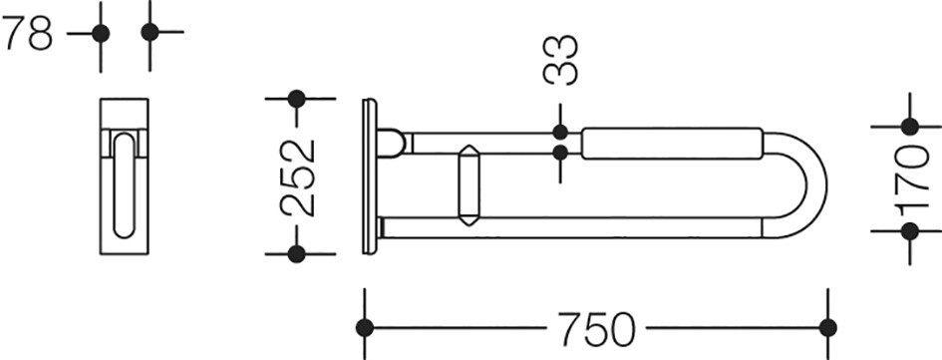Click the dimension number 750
(595, 329)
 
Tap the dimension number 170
(911, 180)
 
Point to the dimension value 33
(560, 60)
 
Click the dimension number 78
(27, 34)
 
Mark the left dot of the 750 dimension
(365, 328)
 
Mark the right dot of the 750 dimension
(827, 328)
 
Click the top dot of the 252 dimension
(297, 99)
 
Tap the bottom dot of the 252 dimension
(297, 254)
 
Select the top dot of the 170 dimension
(910, 127)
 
